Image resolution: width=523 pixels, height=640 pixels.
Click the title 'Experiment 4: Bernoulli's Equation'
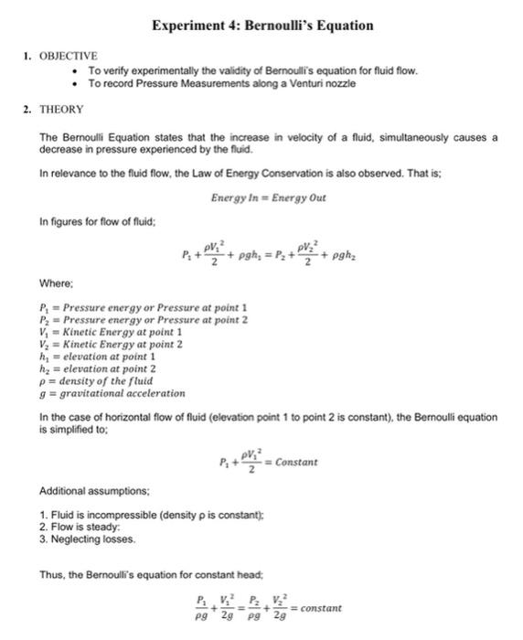pyautogui.click(x=262, y=26)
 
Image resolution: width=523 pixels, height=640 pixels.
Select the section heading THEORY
pyautogui.click(x=61, y=110)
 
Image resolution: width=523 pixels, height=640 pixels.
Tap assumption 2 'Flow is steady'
pyautogui.click(x=81, y=528)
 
